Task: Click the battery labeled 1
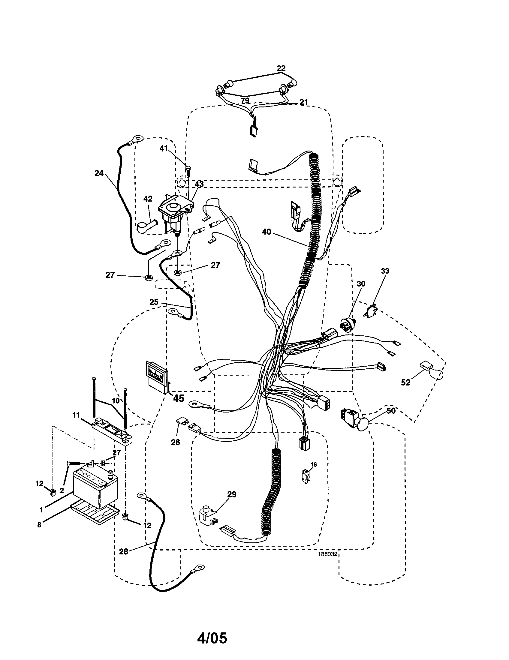[95, 487]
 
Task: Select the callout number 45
[178, 398]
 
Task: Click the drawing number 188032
[327, 554]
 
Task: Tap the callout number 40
[267, 232]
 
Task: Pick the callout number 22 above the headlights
[281, 68]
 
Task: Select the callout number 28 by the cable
[123, 551]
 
